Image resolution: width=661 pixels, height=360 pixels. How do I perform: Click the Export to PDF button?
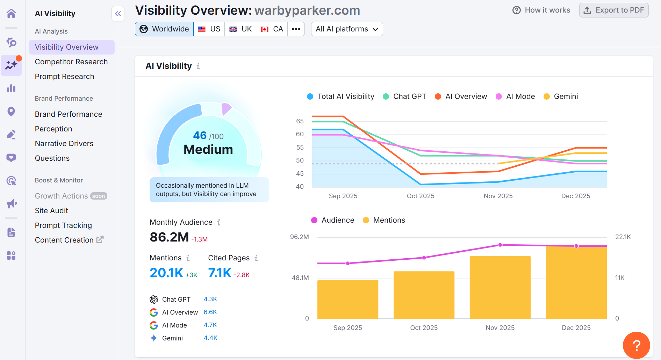[614, 10]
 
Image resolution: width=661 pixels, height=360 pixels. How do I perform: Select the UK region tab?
[240, 29]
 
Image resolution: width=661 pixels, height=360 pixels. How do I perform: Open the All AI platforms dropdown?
[347, 29]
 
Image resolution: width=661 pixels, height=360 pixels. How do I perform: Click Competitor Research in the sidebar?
[71, 62]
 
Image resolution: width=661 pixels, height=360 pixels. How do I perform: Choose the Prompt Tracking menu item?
[63, 225]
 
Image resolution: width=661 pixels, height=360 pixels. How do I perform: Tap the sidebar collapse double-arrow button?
[118, 14]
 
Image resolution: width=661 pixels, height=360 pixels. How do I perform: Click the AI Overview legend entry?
[461, 96]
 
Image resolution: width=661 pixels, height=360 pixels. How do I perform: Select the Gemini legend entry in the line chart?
[561, 96]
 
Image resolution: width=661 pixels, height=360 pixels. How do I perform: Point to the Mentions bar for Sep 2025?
[348, 300]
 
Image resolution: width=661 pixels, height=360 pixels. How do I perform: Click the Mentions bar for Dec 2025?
[576, 282]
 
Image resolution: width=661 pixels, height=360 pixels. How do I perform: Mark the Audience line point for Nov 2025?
[500, 245]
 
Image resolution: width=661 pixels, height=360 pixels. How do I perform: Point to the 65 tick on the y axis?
[300, 121]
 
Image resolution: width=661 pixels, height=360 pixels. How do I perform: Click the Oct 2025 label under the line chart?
[421, 196]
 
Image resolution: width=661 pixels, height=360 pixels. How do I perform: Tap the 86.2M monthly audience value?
[169, 237]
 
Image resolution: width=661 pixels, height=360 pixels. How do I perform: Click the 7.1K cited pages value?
[220, 273]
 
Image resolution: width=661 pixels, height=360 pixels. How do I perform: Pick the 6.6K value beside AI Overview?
[210, 312]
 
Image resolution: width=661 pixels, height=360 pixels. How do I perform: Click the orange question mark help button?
[636, 345]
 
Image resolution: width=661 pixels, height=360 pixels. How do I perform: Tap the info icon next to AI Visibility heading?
[198, 66]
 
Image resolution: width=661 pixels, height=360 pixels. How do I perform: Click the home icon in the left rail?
[11, 14]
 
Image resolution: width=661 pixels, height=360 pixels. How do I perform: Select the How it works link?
[541, 10]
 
